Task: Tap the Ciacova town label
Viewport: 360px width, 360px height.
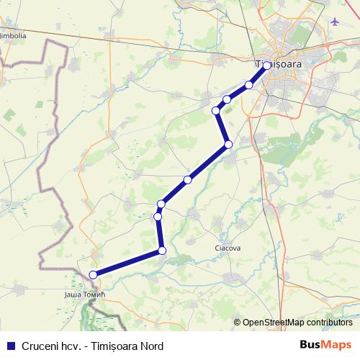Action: (228, 248)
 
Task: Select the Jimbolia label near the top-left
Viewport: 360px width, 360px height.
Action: (14, 35)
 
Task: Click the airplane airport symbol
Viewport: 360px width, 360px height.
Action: (333, 21)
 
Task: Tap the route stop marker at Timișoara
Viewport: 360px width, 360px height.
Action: (266, 66)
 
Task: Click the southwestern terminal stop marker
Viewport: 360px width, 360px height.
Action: (93, 274)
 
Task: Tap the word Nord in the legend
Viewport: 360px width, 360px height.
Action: (150, 346)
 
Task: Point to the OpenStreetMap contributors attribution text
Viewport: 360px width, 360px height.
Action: (297, 323)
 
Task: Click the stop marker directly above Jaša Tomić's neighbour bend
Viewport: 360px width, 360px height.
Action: (158, 216)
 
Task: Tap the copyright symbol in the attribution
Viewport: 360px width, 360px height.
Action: (237, 323)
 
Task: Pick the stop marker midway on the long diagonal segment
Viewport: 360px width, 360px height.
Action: (188, 179)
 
